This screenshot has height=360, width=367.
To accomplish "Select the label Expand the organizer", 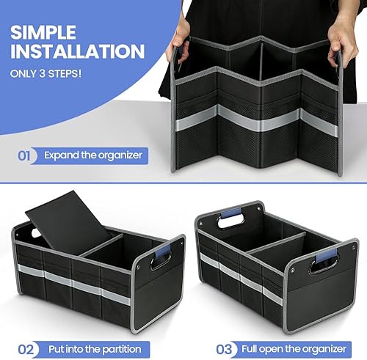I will (92, 155).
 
